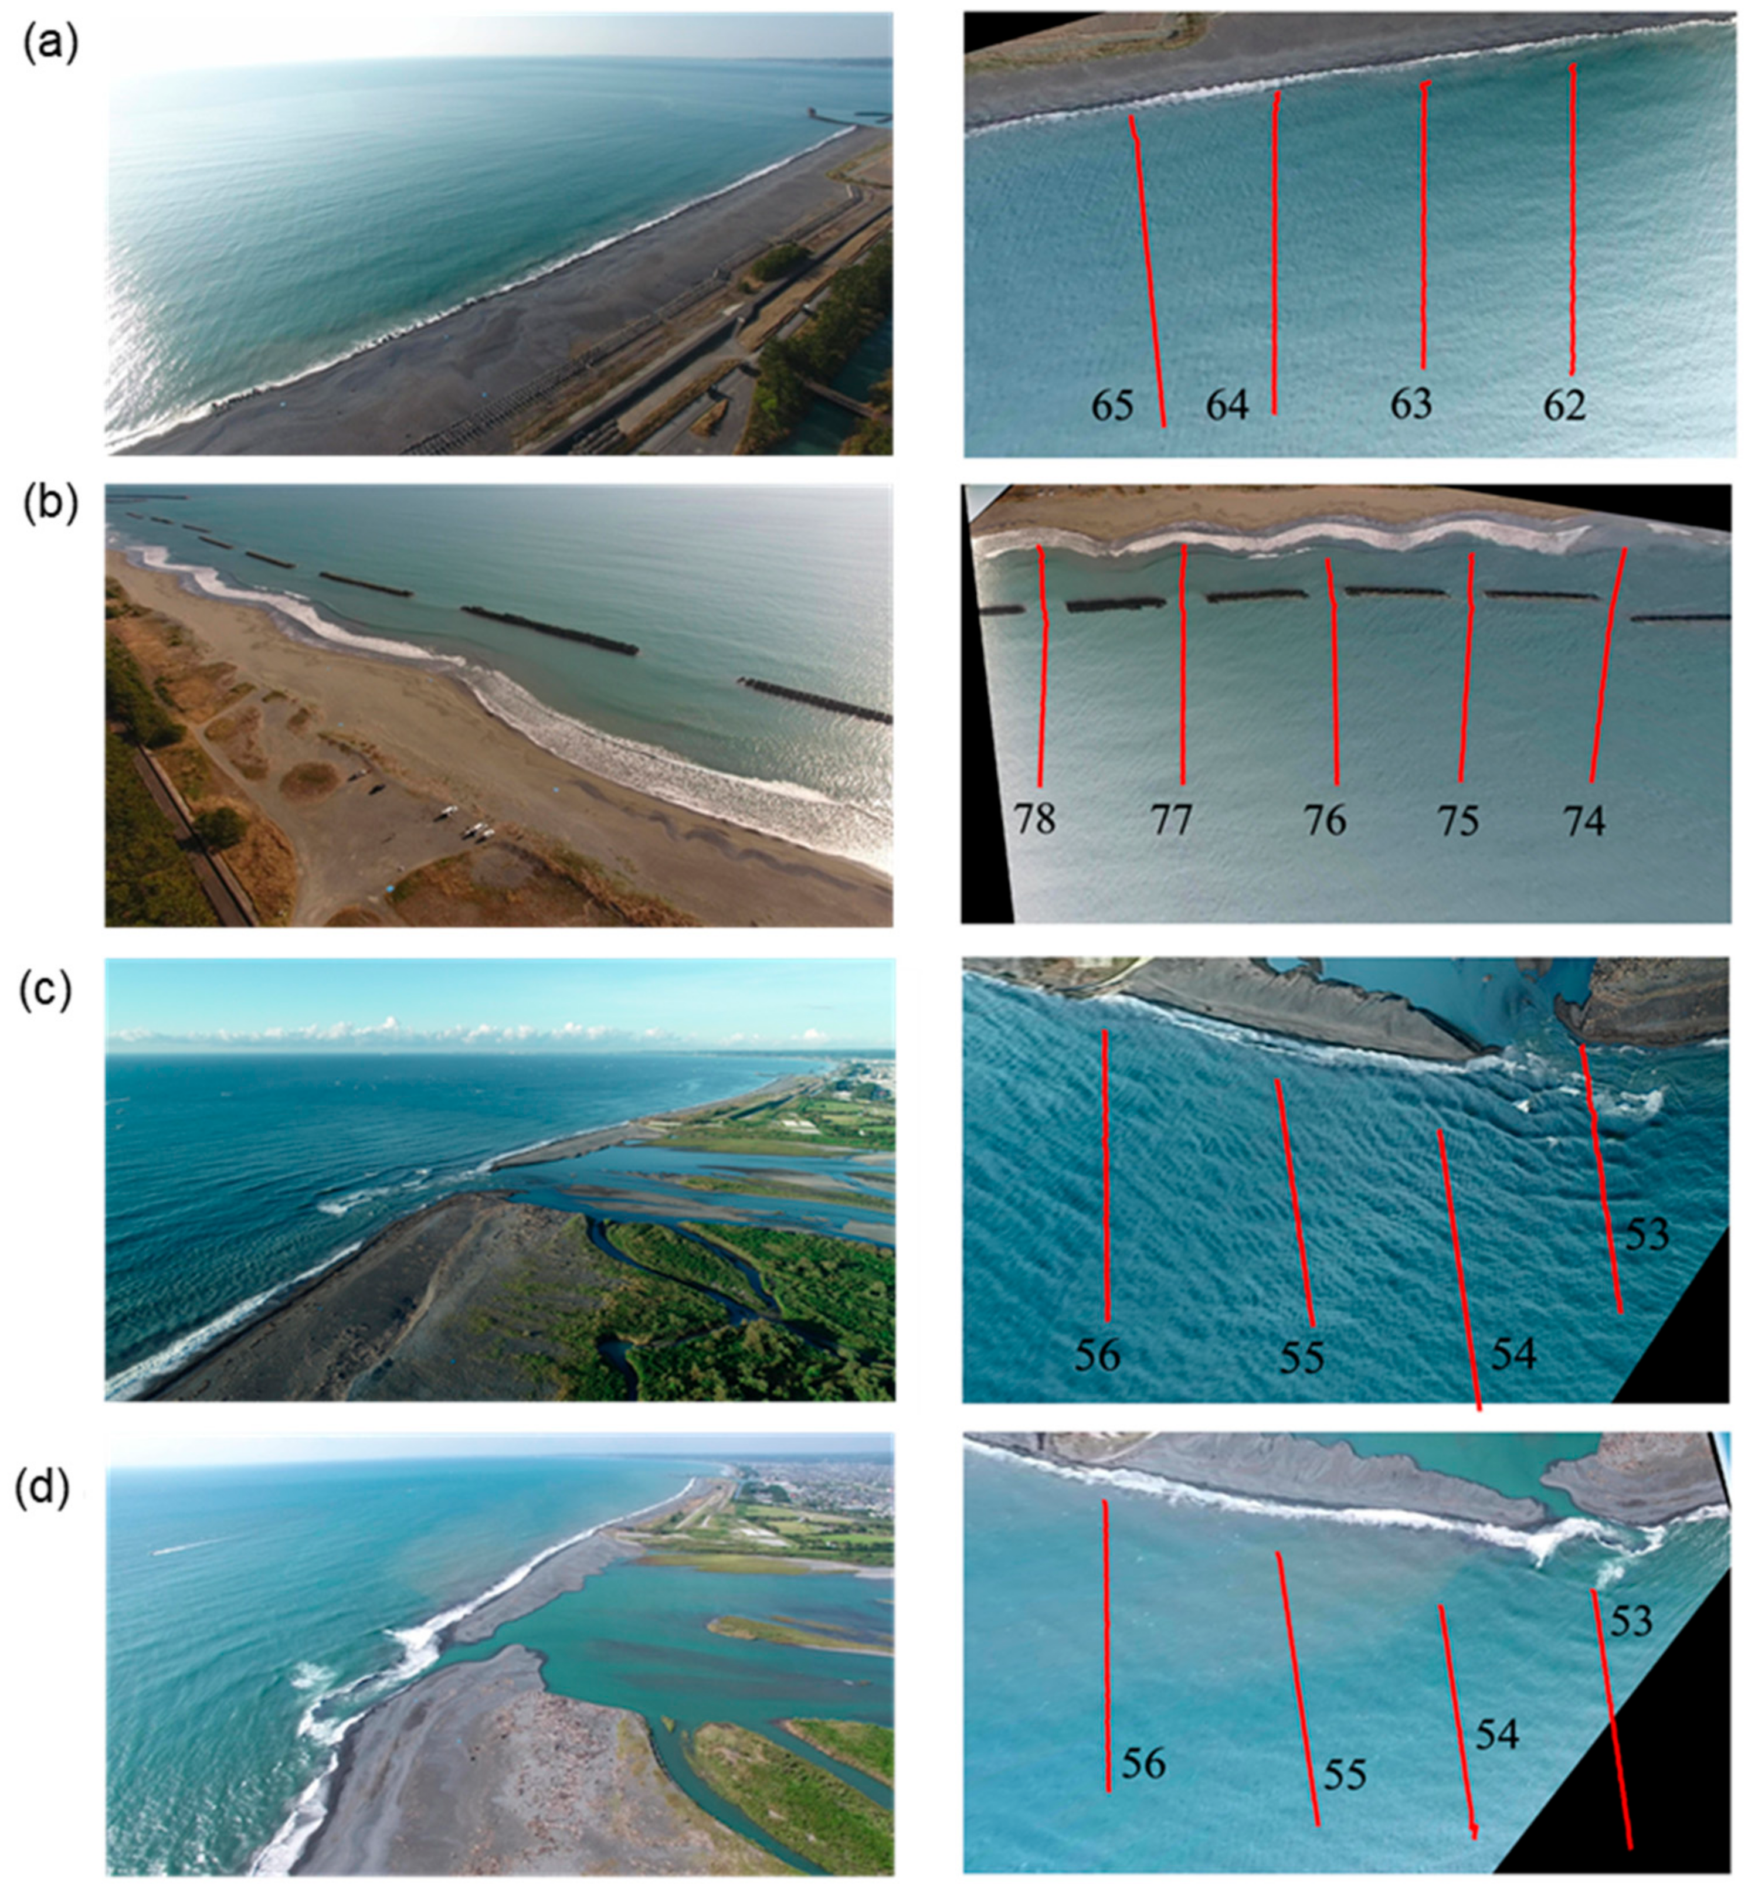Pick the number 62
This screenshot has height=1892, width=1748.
click(x=1563, y=404)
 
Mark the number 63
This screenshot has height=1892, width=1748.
click(x=1410, y=404)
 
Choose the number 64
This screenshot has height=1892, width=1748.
click(x=1227, y=404)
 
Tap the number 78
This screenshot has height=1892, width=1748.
click(x=1035, y=819)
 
